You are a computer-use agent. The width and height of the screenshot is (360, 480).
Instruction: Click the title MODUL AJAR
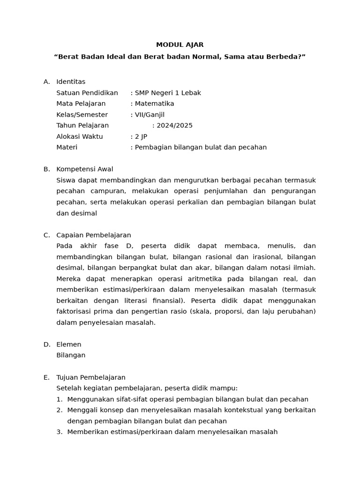point(180,45)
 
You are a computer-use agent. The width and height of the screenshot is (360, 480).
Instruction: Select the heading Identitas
point(71,82)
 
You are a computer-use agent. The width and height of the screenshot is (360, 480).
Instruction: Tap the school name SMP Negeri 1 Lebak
point(168,93)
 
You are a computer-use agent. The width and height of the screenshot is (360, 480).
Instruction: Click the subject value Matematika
point(154,104)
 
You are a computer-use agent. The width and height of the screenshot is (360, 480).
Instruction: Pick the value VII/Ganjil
point(150,115)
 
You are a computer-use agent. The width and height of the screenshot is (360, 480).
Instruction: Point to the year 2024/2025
point(174,126)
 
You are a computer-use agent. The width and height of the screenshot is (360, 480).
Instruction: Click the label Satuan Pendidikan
point(87,93)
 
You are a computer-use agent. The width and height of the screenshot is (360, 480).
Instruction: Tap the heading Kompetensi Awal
point(85,169)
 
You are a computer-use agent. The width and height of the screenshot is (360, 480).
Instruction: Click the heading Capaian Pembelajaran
point(94,235)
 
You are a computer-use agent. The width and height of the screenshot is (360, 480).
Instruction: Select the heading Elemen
point(69,345)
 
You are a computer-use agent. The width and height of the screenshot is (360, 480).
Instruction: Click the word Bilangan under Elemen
point(71,355)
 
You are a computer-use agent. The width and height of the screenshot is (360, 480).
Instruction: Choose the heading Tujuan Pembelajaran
point(91,377)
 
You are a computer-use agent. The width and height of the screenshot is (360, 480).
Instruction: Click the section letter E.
point(46,377)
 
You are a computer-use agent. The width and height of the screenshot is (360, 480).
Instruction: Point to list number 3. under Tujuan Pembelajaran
point(60,432)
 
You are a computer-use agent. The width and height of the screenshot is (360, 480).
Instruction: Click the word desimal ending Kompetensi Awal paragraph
point(84,213)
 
